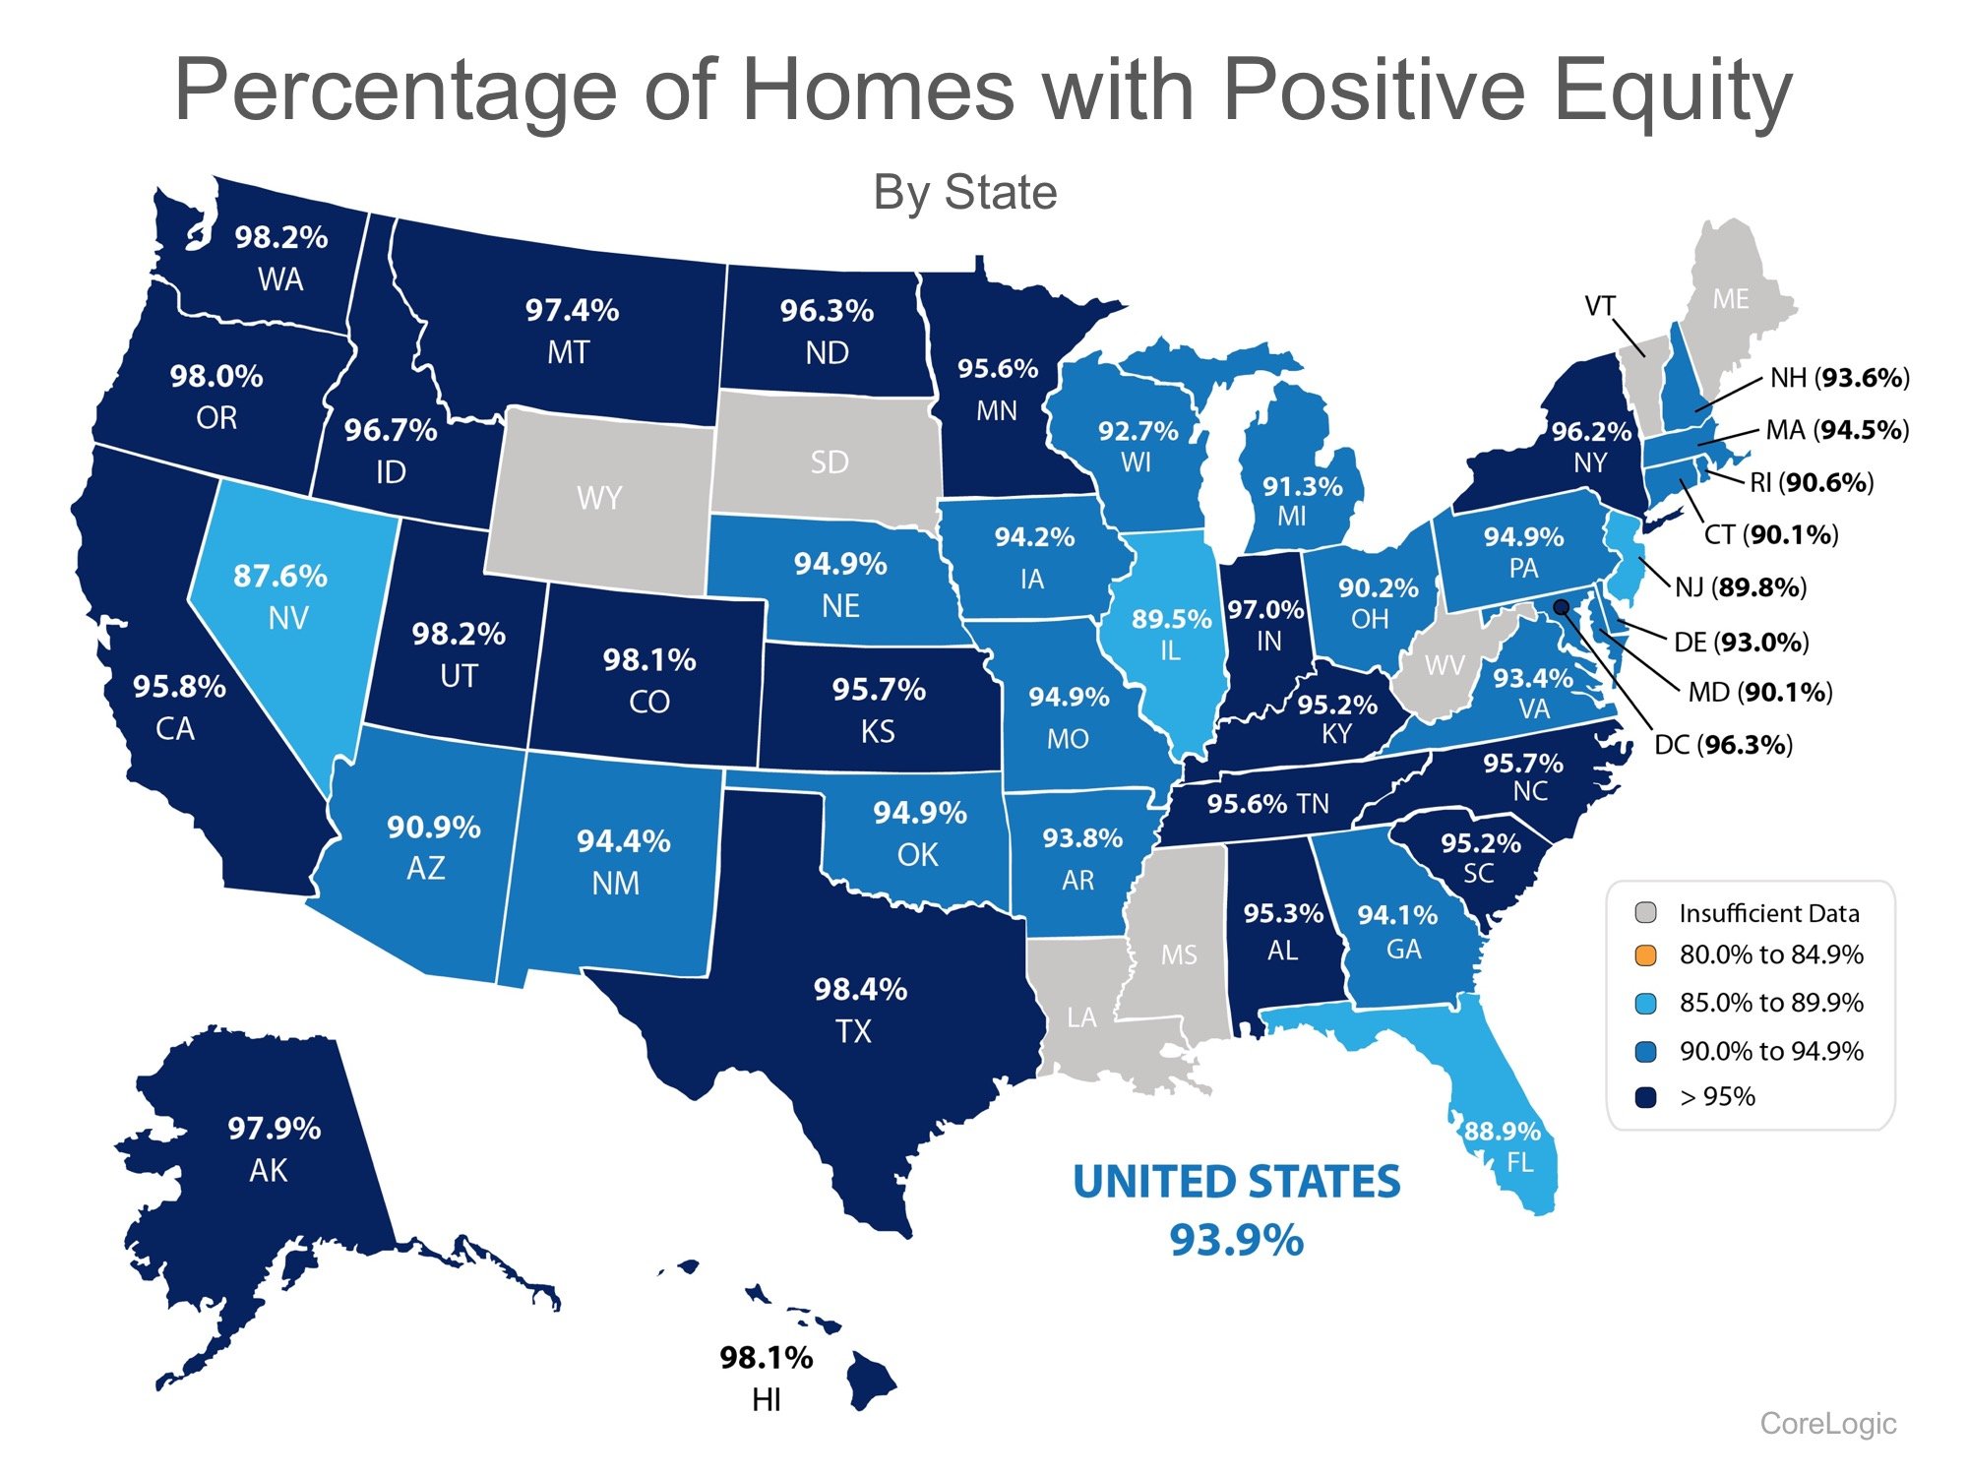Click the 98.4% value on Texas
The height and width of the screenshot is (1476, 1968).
click(x=860, y=989)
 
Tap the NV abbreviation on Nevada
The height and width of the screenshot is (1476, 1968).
click(x=288, y=618)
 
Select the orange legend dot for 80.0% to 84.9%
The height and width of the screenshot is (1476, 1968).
click(x=1645, y=954)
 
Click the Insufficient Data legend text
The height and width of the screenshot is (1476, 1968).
click(x=1768, y=913)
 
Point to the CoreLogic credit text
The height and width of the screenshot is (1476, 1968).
click(x=1827, y=1423)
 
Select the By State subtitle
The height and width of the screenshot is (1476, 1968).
click(x=964, y=193)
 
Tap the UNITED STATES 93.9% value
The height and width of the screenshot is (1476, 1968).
click(x=1236, y=1239)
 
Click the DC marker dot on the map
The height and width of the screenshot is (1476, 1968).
click(x=1561, y=606)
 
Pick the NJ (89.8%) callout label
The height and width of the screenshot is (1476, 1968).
click(x=1740, y=587)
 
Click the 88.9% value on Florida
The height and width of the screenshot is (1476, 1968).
click(x=1502, y=1131)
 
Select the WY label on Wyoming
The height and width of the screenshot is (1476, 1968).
click(x=598, y=498)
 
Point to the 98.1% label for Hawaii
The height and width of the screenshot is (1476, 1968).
click(x=766, y=1358)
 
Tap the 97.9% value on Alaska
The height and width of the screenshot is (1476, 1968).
click(x=274, y=1128)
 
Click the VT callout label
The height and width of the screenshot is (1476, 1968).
click(x=1599, y=306)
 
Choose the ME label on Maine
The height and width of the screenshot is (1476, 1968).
click(x=1730, y=299)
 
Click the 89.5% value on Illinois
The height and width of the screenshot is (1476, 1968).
click(x=1171, y=619)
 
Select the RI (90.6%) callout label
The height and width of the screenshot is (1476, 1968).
click(x=1811, y=482)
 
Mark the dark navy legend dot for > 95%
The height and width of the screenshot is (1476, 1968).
click(x=1645, y=1097)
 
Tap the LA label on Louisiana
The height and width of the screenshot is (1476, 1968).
click(x=1080, y=1016)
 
